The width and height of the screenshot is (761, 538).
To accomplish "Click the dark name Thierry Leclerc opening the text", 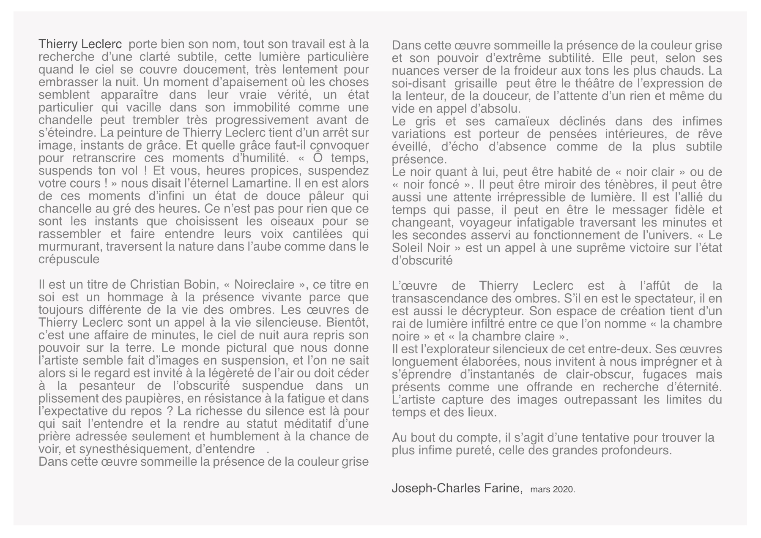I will pos(80,44).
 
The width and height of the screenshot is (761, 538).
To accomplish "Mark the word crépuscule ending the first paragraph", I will pos(68,259).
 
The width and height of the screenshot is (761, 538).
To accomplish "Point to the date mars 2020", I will pos(552,490).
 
